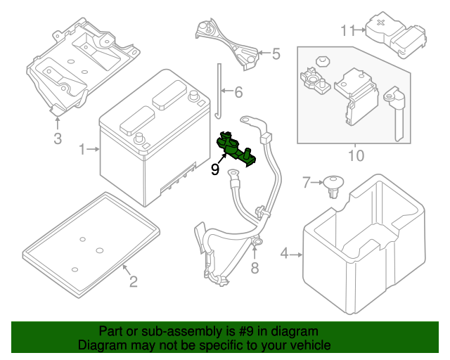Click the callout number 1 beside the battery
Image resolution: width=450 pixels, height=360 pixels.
82,149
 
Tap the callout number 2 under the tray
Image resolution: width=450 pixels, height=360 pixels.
133,283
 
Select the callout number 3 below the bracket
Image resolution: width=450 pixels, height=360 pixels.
58,138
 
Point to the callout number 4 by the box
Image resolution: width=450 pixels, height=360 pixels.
284,253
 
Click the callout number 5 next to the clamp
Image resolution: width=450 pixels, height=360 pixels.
276,53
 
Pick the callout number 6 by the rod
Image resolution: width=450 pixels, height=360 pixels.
238,92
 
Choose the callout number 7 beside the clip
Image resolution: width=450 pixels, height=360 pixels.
306,183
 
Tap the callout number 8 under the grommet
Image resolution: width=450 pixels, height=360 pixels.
255,267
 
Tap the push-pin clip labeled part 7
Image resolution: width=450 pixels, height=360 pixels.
333,187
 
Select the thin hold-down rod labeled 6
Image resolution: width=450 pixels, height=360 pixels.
217,91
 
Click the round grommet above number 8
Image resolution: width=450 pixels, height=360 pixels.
257,243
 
